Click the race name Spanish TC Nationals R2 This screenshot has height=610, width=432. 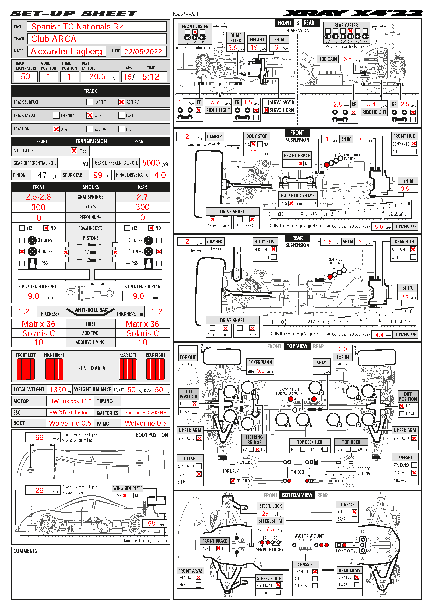tap(77, 27)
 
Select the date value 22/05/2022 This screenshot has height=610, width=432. tap(143, 52)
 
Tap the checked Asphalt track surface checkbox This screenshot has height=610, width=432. tap(121, 102)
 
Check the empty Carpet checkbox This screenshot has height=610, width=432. tap(90, 102)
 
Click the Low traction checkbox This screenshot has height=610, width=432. tap(56, 129)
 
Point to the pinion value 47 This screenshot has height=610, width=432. tap(42, 175)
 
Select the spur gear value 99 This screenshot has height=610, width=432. tap(98, 175)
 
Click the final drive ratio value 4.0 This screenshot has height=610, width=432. tap(160, 175)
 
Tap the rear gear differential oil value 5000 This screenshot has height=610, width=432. tap(151, 163)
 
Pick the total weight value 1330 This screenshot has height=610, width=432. tap(58, 390)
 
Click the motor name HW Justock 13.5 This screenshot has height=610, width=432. tap(70, 401)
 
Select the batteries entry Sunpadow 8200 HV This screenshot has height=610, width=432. tap(145, 413)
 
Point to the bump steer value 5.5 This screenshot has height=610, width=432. tap(232, 48)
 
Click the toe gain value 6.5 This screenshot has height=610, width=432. tap(347, 59)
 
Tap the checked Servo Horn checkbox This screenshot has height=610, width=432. tap(266, 110)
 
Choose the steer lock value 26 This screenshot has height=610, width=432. tap(265, 514)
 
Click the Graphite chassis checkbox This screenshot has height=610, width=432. tap(315, 571)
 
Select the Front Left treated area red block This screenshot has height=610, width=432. tap(26, 369)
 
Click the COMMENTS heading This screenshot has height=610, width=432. tap(25, 551)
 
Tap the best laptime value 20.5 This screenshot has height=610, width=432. tap(97, 76)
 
